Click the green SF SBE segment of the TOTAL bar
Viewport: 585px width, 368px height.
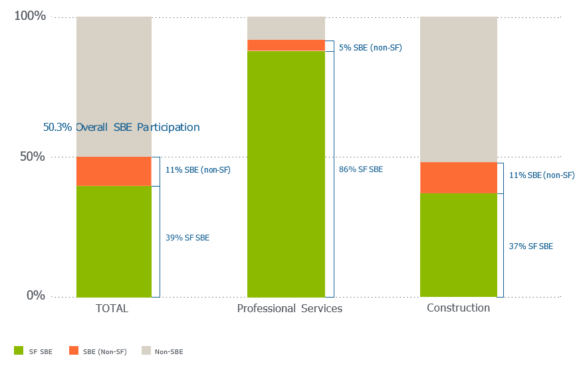click(114, 240)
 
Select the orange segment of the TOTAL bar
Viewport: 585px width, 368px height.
click(114, 171)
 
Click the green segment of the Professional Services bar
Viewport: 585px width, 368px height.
click(286, 173)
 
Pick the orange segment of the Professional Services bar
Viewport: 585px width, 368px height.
click(286, 45)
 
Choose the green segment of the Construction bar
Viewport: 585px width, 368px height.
click(458, 244)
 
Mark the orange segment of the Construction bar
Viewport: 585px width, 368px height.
click(458, 177)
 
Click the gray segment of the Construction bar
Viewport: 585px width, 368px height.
click(458, 89)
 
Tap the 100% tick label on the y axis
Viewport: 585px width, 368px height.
click(30, 16)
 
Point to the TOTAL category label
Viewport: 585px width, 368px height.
click(112, 309)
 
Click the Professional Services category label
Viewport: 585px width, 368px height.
click(289, 309)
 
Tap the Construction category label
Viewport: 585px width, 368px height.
click(458, 308)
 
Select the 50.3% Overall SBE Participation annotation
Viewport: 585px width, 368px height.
click(122, 127)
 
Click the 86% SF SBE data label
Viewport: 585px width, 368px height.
click(361, 169)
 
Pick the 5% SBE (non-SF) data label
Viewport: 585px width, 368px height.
click(370, 48)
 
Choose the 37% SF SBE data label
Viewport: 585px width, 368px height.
click(530, 246)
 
